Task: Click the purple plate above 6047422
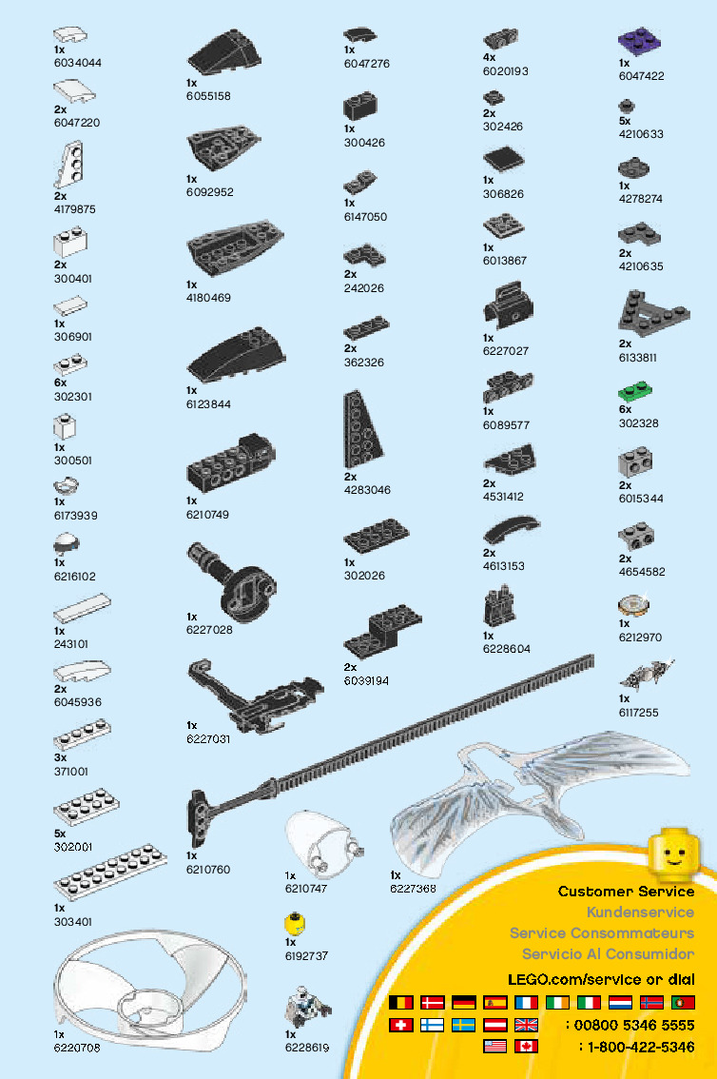coord(639,43)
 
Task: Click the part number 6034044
coord(77,63)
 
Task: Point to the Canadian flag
coord(527,1047)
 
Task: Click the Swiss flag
coord(402,1025)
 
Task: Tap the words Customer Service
coord(626,892)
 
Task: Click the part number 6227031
coord(208,738)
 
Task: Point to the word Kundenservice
coord(640,912)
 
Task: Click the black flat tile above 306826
coord(502,159)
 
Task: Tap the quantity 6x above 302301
coord(60,383)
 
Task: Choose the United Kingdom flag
coord(526,1025)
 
